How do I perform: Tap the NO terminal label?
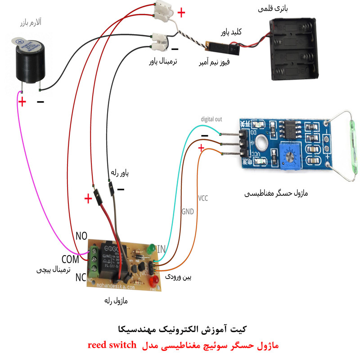pyautogui.click(x=81, y=236)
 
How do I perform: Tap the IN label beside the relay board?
pyautogui.click(x=161, y=249)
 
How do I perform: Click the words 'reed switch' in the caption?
pyautogui.click(x=112, y=346)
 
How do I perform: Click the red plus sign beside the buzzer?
pyautogui.click(x=22, y=102)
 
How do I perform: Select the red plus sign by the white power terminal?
pyautogui.click(x=181, y=13)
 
